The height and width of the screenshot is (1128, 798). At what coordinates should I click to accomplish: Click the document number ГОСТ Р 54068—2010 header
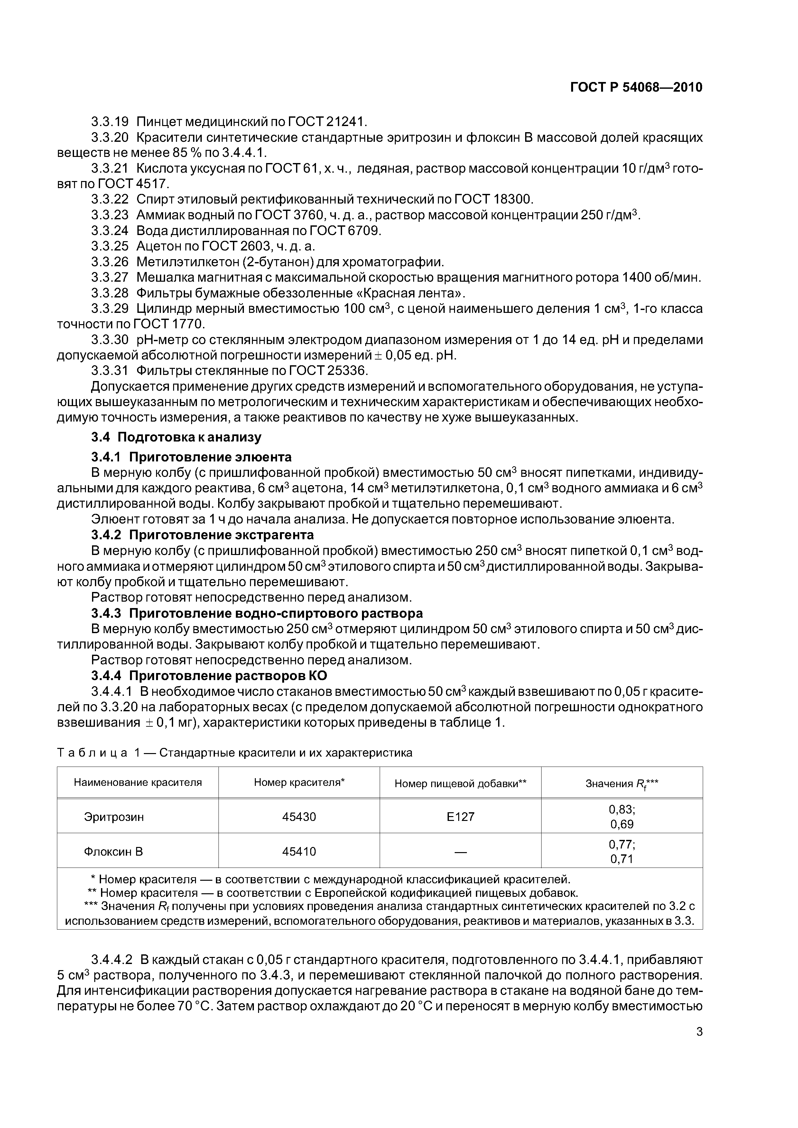pyautogui.click(x=636, y=87)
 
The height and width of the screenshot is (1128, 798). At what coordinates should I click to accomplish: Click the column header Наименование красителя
pyautogui.click(x=138, y=782)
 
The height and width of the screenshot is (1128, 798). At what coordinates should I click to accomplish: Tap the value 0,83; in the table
pyautogui.click(x=621, y=810)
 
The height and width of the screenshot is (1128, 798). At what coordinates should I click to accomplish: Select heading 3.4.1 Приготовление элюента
pyautogui.click(x=191, y=457)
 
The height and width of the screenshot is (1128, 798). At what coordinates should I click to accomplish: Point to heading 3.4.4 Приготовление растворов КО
pyautogui.click(x=209, y=676)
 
